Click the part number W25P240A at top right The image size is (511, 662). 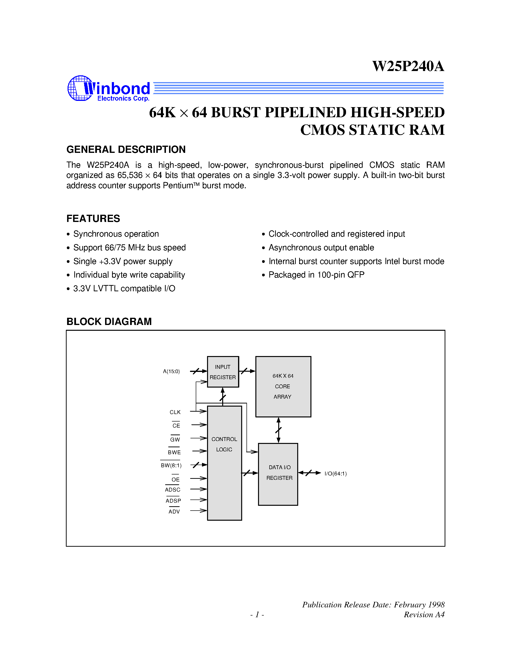point(408,66)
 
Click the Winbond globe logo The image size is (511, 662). point(80,88)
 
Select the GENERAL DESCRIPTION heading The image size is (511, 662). point(126,149)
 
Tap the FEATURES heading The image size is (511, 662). point(93,219)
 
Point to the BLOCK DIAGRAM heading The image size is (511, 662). point(109,322)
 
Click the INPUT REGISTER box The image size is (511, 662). point(223,372)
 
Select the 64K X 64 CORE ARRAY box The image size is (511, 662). point(283,386)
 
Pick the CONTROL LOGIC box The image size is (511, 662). point(224,463)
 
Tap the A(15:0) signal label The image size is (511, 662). point(171,371)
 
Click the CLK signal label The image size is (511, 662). point(175,412)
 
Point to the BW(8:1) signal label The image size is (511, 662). point(171,465)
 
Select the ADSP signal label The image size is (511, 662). point(173,501)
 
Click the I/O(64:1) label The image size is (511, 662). point(335,474)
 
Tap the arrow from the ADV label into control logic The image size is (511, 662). point(199,511)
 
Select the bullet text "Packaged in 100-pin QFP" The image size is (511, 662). point(316,275)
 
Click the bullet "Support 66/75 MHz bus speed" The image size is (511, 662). point(130,248)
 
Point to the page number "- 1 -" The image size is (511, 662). point(257,614)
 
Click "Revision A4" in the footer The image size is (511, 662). point(424,614)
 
